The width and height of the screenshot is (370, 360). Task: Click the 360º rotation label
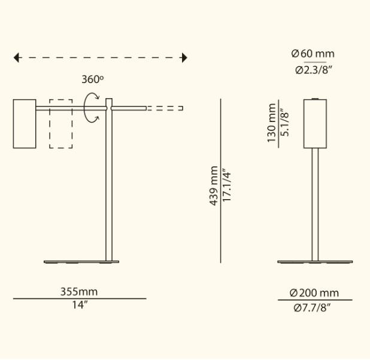click(x=92, y=79)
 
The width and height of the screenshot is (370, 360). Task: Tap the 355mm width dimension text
click(x=79, y=292)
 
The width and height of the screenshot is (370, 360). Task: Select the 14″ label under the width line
click(x=80, y=305)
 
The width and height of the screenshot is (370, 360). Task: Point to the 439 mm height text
click(x=214, y=186)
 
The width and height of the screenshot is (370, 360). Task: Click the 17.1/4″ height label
click(x=227, y=185)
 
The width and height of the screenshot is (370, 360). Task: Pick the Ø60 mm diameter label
click(x=313, y=54)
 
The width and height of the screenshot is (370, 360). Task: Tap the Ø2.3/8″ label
click(x=314, y=70)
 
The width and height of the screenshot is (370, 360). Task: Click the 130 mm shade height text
click(x=272, y=123)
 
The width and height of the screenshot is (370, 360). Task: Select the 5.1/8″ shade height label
click(x=284, y=123)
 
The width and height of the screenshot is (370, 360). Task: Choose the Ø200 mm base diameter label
click(x=314, y=293)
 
